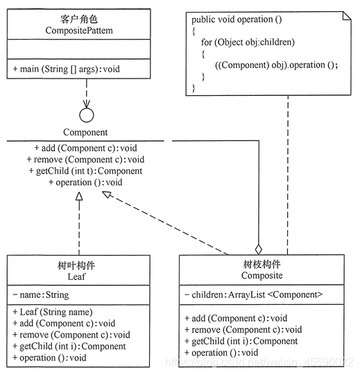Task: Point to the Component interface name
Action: click(85, 132)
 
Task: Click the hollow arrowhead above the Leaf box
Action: click(79, 197)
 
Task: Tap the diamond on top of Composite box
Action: click(259, 248)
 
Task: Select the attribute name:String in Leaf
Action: click(41, 294)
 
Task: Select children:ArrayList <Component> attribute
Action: click(254, 294)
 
